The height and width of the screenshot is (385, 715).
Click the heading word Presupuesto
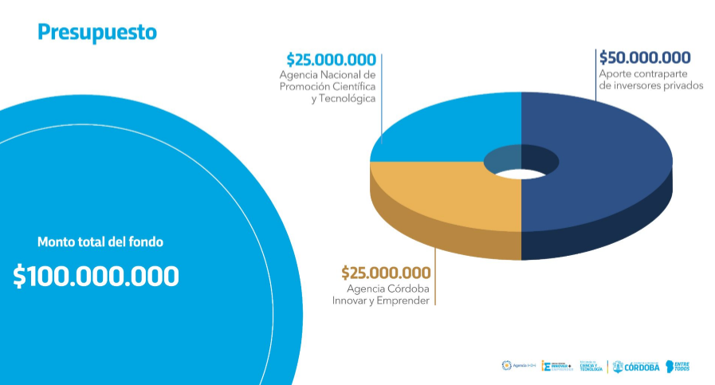point(96,32)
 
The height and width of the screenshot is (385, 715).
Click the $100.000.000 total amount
point(96,277)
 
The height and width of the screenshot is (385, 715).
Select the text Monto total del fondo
point(105,242)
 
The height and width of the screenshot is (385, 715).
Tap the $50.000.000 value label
point(645,57)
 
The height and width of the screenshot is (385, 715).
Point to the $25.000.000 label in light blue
point(331,59)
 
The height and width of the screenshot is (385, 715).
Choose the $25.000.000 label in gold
point(386,273)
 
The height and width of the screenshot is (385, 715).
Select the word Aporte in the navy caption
point(615,73)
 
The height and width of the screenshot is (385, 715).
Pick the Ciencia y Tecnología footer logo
point(591,367)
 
